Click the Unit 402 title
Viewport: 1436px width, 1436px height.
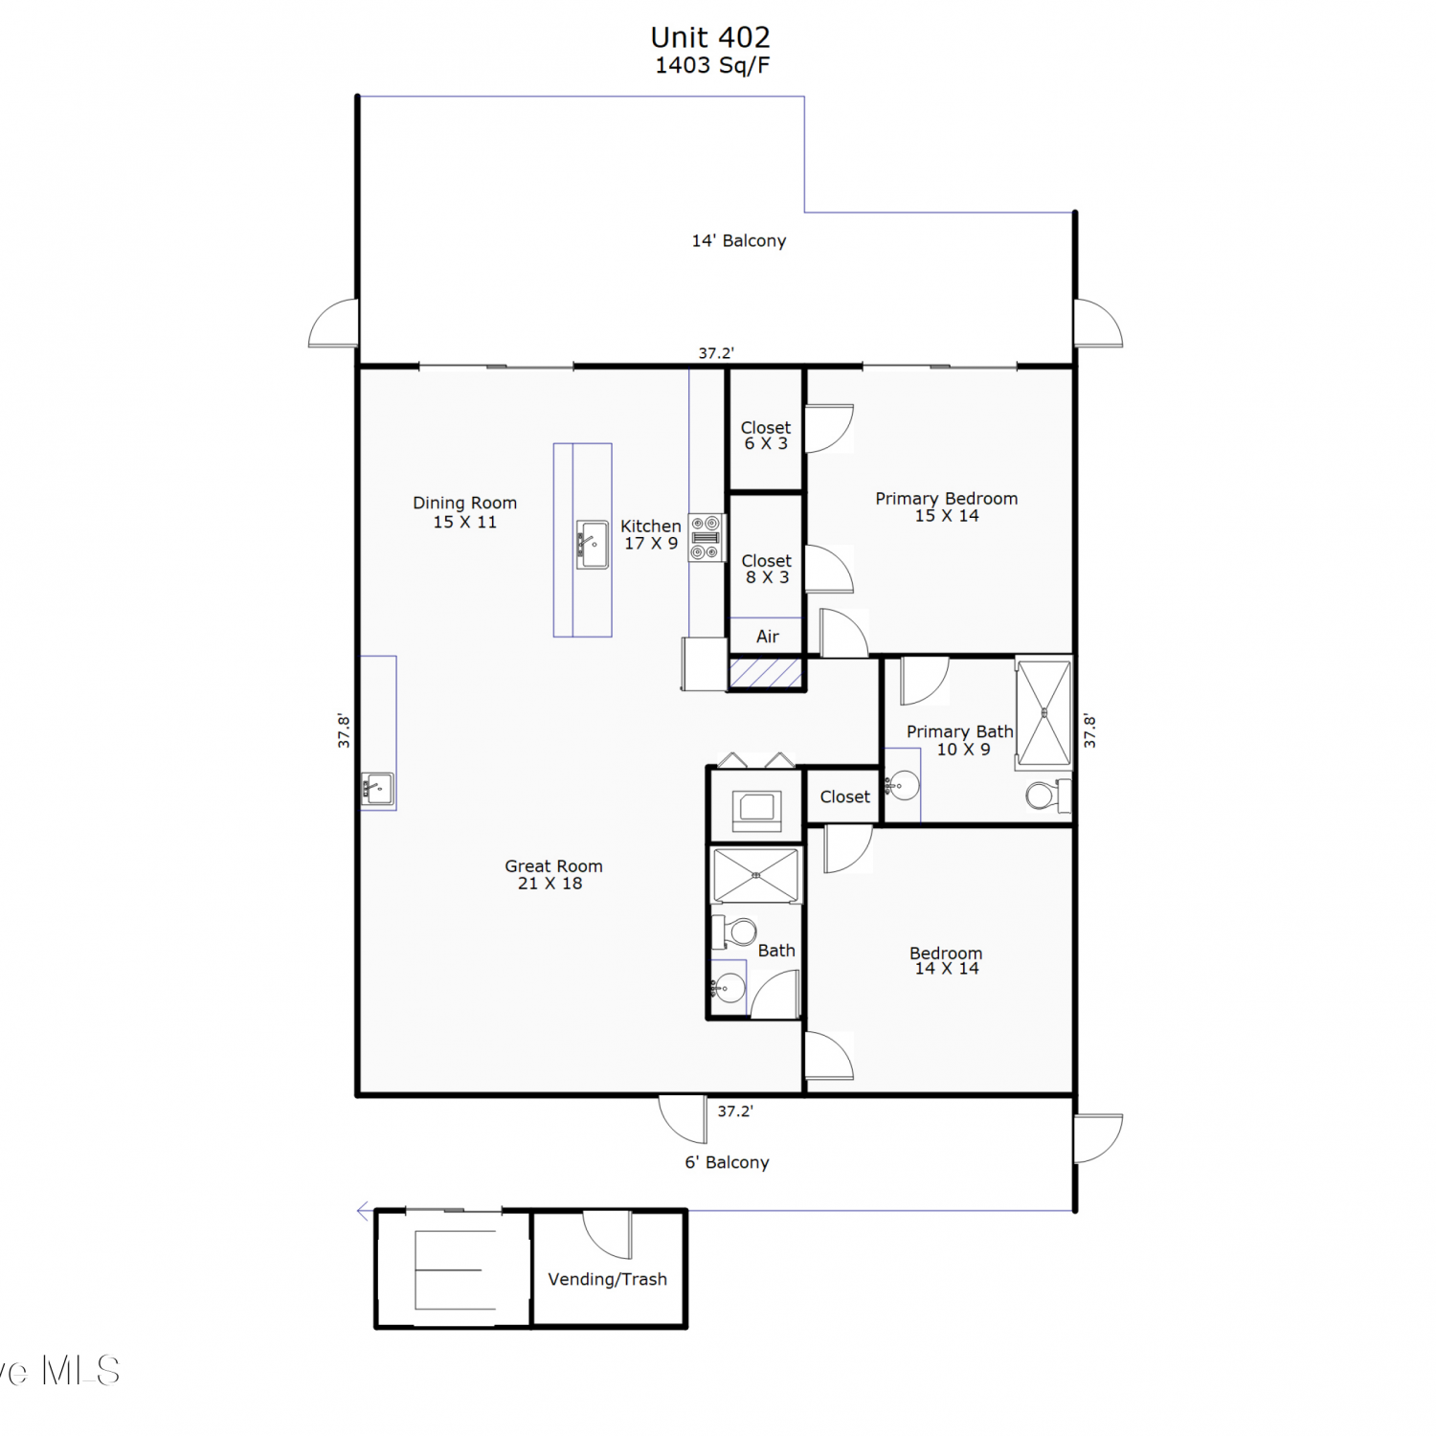[710, 37]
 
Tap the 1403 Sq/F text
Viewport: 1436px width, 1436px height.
[712, 65]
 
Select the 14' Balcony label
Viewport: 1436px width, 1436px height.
[739, 240]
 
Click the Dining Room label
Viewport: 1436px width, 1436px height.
[465, 512]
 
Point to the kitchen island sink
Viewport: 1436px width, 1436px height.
[593, 545]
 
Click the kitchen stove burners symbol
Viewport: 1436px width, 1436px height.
[706, 537]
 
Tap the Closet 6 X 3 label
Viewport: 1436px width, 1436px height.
[766, 436]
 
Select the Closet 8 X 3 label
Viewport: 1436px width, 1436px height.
[767, 569]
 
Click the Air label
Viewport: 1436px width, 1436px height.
[768, 637]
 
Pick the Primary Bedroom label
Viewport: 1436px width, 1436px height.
[947, 506]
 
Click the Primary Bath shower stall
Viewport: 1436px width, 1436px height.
[1043, 712]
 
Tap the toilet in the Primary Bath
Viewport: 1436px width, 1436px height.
[1047, 795]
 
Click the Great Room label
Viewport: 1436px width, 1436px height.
[553, 874]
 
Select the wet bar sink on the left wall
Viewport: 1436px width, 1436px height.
[377, 789]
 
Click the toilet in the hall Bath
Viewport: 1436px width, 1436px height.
[735, 931]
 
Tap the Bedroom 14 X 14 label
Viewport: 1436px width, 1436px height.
[946, 960]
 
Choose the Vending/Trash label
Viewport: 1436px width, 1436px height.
[607, 1279]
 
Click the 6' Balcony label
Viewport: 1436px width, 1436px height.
[727, 1162]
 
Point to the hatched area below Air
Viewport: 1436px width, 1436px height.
[766, 672]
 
